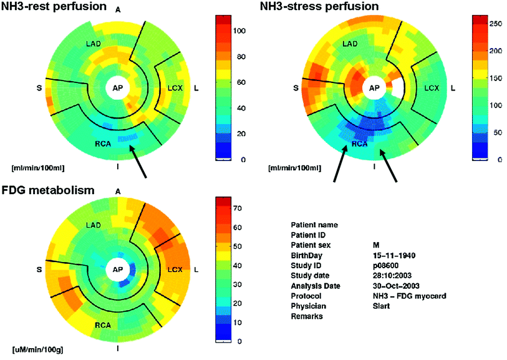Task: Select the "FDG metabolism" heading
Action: point(47,190)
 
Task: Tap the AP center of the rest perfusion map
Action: point(117,88)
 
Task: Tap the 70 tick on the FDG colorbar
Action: point(238,207)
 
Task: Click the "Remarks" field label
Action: point(306,317)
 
